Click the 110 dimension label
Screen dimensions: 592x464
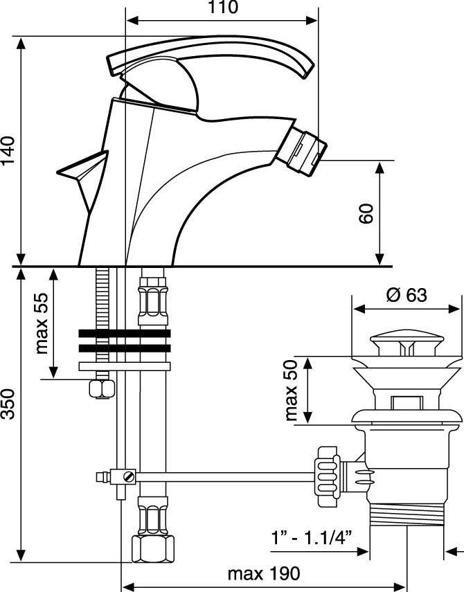222,8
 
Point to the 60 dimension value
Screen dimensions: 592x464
367,213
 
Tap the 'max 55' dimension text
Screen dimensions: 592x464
44,323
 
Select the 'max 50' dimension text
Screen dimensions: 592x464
292,391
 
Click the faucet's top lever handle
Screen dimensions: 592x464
208,60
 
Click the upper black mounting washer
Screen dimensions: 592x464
125,332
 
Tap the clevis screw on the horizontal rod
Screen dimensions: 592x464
128,476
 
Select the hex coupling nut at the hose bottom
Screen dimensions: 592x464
152,549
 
